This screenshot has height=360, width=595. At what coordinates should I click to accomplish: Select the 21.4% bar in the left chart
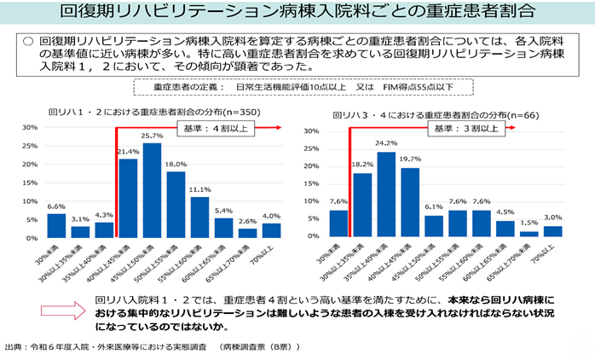(x=128, y=198)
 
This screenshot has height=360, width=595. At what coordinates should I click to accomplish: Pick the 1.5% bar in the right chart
(x=529, y=233)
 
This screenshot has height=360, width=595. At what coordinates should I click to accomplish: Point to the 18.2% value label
(x=362, y=164)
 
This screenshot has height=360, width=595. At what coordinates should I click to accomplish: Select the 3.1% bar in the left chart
(x=80, y=231)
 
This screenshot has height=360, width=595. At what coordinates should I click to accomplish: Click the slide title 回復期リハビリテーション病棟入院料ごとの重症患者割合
(x=297, y=13)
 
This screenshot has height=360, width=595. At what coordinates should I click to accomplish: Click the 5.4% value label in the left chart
(x=223, y=210)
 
